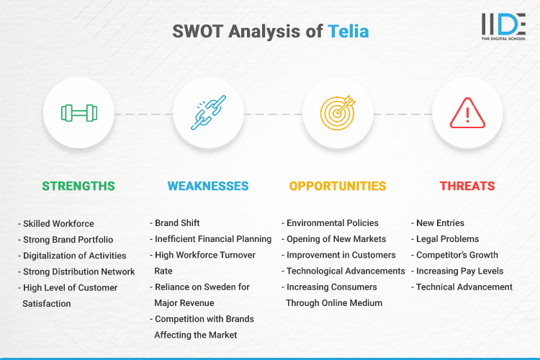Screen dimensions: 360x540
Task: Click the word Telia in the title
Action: (349, 32)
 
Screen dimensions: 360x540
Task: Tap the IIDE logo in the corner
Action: (502, 26)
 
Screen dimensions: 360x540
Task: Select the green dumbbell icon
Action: (78, 113)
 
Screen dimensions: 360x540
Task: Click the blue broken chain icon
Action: (208, 113)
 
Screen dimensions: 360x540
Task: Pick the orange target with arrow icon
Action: (338, 113)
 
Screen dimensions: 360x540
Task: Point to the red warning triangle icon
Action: (467, 113)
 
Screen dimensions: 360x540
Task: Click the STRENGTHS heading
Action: (78, 186)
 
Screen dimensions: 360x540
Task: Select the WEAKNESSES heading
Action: (208, 186)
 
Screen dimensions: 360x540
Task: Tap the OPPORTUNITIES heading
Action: (338, 186)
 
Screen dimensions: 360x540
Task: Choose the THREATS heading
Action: (467, 186)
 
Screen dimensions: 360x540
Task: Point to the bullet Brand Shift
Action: (176, 223)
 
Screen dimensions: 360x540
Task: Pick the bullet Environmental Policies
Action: (332, 223)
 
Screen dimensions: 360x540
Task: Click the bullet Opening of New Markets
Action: (336, 239)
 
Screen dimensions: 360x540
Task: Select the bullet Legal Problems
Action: (447, 239)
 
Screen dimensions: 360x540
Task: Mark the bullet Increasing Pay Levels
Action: (459, 271)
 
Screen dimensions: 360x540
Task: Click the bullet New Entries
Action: (440, 223)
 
